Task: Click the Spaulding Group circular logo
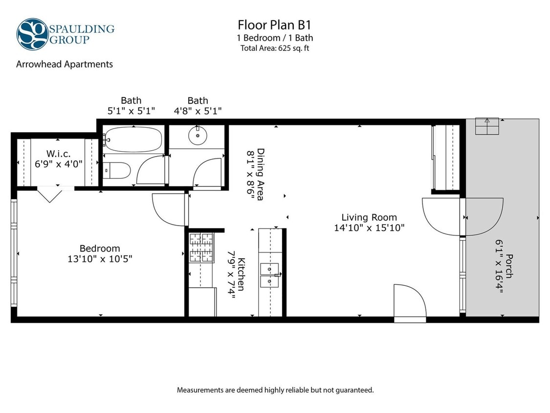click(32, 34)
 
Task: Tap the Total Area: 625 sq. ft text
click(275, 48)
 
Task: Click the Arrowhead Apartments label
click(65, 64)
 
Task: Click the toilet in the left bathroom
click(118, 170)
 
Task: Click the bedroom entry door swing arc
click(169, 209)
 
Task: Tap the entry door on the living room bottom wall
click(410, 302)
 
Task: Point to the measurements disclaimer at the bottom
click(275, 390)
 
